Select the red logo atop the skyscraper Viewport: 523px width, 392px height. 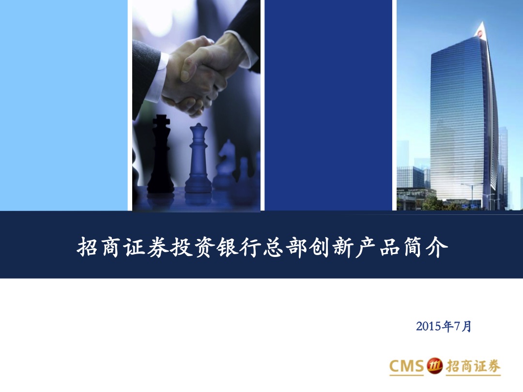(480, 33)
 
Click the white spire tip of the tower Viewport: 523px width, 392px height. (482, 22)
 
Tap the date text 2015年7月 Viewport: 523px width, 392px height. (444, 326)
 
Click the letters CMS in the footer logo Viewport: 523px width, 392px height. (406, 366)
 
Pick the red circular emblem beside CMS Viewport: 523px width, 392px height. (434, 366)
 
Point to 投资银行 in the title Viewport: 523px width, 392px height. (215, 247)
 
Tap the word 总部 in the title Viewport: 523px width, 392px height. (285, 247)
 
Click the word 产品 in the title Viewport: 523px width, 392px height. (378, 247)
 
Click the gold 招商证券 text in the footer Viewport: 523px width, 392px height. (473, 366)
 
